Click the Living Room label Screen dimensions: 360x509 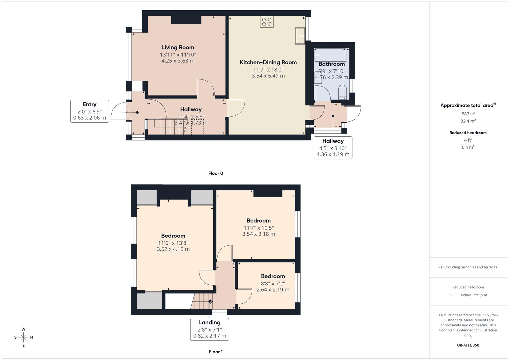[178, 47]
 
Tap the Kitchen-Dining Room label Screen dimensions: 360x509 [268, 62]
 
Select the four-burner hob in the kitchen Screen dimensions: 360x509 [267, 22]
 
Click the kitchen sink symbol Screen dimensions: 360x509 [300, 36]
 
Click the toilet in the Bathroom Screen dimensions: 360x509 [342, 92]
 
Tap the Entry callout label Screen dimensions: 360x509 [89, 104]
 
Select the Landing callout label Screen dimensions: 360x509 [209, 322]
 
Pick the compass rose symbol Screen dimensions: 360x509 [23, 337]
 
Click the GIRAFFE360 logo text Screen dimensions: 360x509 [468, 345]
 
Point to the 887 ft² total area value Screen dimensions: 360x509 [468, 114]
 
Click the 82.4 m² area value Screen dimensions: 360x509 [468, 121]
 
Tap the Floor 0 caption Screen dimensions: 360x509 [215, 173]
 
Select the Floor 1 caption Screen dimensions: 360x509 [215, 352]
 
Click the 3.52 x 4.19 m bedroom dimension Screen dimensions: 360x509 [173, 249]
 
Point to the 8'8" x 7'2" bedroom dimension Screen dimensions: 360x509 [273, 284]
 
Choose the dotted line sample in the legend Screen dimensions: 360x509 [454, 295]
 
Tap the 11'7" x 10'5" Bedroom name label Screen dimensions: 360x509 [258, 221]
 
